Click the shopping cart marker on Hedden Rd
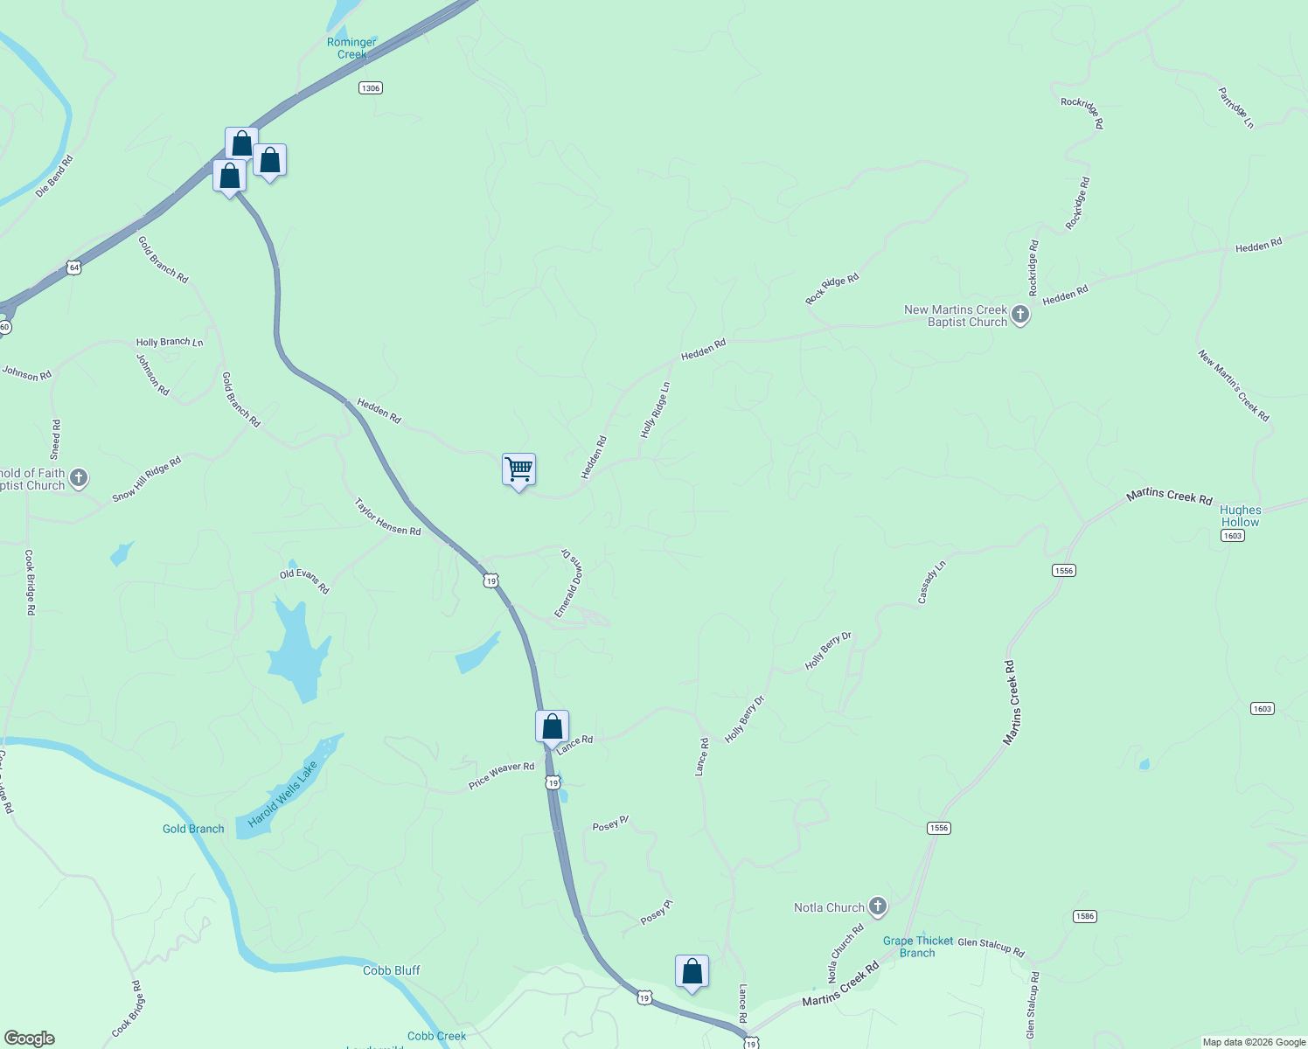[x=518, y=470]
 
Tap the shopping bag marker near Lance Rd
[x=552, y=726]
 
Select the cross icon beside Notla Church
[x=878, y=907]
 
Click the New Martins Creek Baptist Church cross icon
[x=1019, y=315]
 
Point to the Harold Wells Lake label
[x=282, y=795]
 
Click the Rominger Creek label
[x=351, y=48]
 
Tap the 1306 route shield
[x=371, y=88]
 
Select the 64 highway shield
[x=74, y=267]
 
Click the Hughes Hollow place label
[x=1240, y=516]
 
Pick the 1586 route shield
[x=1084, y=916]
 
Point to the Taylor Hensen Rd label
[x=387, y=518]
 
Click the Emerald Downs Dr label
[x=568, y=583]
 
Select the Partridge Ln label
[x=1236, y=108]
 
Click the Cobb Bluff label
[x=391, y=970]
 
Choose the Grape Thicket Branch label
[x=917, y=947]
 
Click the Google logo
[x=29, y=1039]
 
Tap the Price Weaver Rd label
[x=501, y=775]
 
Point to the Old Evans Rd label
[x=304, y=581]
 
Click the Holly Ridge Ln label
[x=655, y=410]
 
